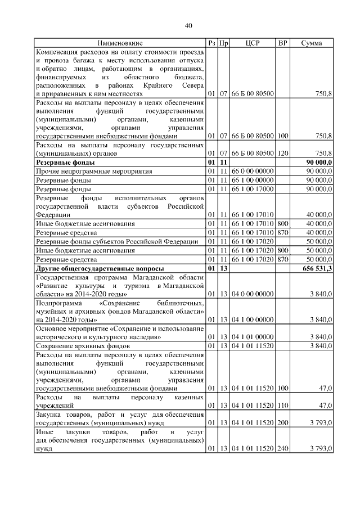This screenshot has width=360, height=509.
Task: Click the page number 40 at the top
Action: pos(188,25)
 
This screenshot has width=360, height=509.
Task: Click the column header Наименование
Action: pos(120,43)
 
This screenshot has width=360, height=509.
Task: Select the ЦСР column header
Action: pos(253,43)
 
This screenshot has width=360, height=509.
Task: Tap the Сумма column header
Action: pos(311,43)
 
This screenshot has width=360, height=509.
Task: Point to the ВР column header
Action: pos(282,43)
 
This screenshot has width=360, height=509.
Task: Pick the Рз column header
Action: pos(211,43)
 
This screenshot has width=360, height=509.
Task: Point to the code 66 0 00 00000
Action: pos(253,170)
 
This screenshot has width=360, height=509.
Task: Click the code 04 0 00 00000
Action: pos(253,294)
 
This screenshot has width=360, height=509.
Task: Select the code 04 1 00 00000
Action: pos(253,319)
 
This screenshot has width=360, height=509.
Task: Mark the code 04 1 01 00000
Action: pos(253,337)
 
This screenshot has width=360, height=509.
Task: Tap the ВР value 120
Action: pos(282,152)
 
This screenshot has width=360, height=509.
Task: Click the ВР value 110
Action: pos(282,405)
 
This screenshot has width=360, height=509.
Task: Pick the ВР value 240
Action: pos(282,448)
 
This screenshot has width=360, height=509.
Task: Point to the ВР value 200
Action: pos(282,422)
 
